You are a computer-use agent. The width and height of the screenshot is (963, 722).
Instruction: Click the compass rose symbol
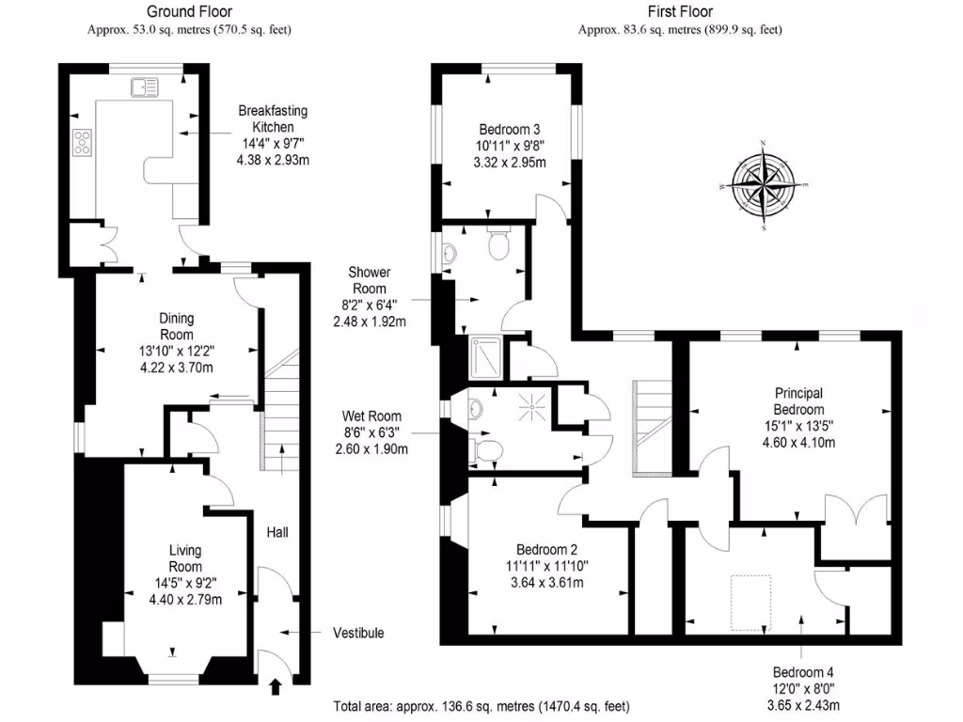click(x=764, y=185)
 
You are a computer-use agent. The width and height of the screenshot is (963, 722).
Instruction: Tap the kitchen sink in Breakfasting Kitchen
click(x=146, y=86)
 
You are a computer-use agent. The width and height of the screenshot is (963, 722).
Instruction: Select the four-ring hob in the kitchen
click(x=82, y=142)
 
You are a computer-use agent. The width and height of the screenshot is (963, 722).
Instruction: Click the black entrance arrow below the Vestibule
click(x=275, y=686)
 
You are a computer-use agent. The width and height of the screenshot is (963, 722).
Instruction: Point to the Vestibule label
click(x=358, y=633)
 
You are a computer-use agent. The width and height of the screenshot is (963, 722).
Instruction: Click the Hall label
click(x=276, y=532)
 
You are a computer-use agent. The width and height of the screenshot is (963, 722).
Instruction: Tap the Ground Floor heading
click(x=189, y=12)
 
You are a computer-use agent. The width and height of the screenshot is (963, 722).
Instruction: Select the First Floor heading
click(x=680, y=12)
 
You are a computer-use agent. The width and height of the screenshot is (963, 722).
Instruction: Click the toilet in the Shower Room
click(x=498, y=244)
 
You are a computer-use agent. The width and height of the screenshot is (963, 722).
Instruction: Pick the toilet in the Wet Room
click(x=485, y=449)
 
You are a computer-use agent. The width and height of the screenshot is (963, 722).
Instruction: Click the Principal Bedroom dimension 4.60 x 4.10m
click(x=798, y=444)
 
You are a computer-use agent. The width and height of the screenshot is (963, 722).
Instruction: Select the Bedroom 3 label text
click(x=509, y=129)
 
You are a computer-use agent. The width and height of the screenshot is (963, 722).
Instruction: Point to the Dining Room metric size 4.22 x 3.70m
click(x=176, y=367)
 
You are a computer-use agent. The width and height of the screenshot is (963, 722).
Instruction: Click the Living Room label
click(x=185, y=558)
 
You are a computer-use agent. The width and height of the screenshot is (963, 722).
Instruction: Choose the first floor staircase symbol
click(x=652, y=426)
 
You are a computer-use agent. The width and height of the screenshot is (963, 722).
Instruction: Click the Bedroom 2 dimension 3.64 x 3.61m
click(x=545, y=582)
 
